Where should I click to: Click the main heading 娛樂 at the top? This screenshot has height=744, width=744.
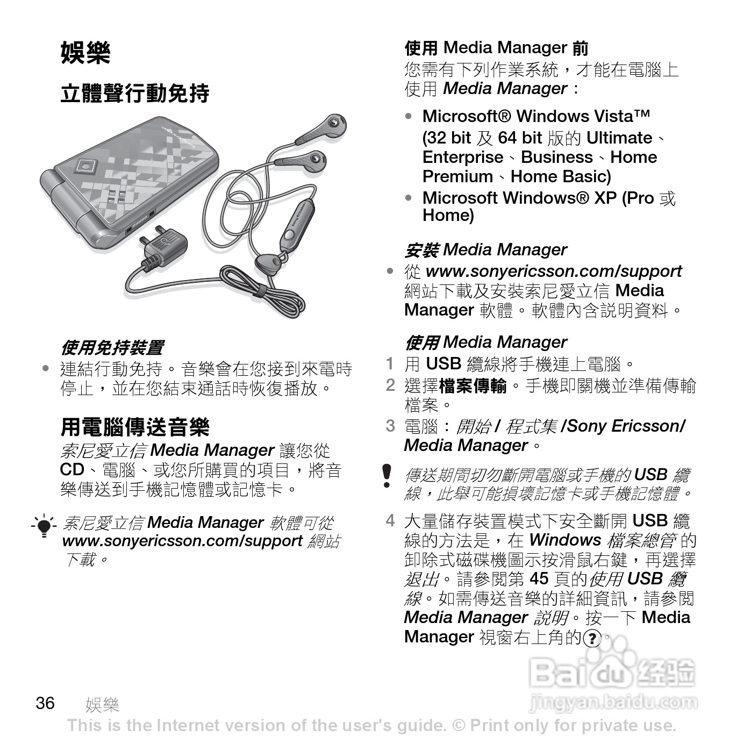(85, 53)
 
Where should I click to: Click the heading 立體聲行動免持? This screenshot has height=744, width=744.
(134, 94)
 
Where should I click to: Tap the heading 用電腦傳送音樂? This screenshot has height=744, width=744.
(134, 427)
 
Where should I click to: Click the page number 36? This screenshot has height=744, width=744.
(45, 703)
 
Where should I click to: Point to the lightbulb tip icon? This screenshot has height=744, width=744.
(44, 525)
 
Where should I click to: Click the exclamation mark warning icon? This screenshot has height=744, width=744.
(387, 476)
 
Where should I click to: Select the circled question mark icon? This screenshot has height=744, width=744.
(592, 639)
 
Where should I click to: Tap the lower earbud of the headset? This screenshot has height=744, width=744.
(306, 160)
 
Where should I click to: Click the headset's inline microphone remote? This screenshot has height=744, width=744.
(294, 226)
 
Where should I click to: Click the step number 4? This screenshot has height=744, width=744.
(390, 520)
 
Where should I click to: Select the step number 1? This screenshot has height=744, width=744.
(390, 364)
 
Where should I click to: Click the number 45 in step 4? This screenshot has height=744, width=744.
(539, 578)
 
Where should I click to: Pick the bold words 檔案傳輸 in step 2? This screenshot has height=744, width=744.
(473, 385)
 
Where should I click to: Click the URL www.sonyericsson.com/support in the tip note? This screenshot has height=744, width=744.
(182, 541)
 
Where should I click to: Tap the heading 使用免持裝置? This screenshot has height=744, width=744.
(112, 348)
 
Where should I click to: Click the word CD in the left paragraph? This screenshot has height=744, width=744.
(71, 470)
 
